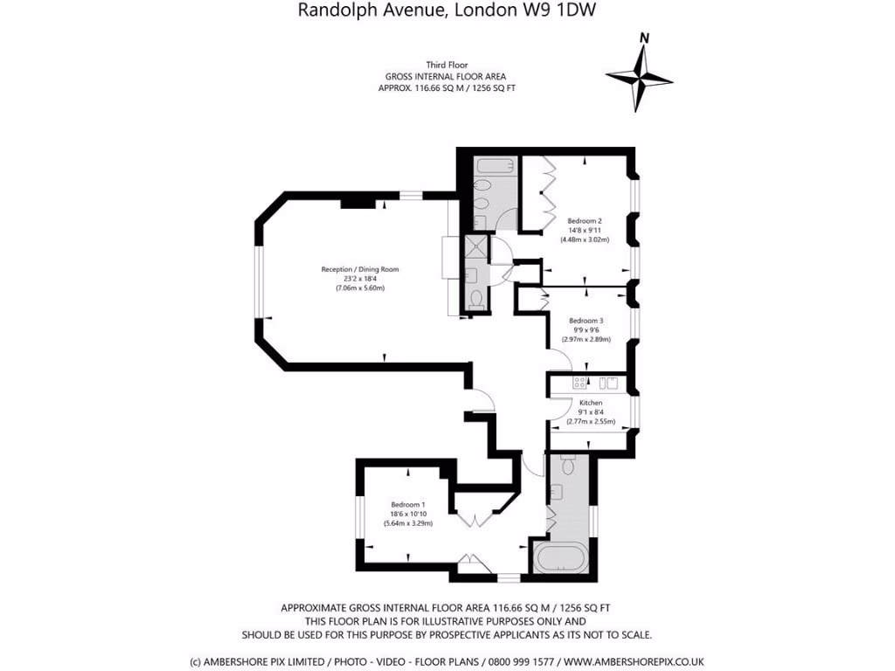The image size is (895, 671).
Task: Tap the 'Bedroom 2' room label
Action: point(584,221)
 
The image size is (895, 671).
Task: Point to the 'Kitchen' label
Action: point(591,403)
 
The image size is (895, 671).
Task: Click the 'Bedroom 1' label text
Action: point(407,505)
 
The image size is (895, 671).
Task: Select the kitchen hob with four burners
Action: point(579,382)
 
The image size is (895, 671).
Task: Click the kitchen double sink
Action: point(608,382)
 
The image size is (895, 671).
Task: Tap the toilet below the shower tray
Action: point(476,298)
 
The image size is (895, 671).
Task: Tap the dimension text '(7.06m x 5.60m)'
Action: point(360,288)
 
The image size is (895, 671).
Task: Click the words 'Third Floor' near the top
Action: point(447,66)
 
